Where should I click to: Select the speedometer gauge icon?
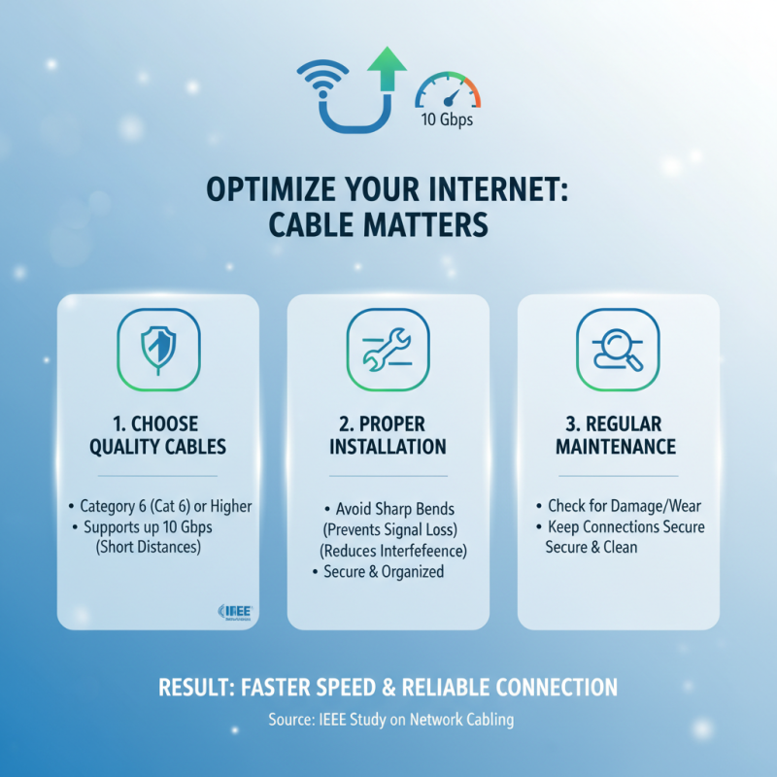point(448,93)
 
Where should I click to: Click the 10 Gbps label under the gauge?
point(448,121)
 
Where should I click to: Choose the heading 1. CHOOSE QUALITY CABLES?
point(157,435)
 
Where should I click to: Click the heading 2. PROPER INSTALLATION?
point(388,435)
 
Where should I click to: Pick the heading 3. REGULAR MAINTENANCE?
point(617,435)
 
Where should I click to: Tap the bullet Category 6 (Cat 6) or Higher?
point(160,506)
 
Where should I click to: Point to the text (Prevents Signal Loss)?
point(388,530)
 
